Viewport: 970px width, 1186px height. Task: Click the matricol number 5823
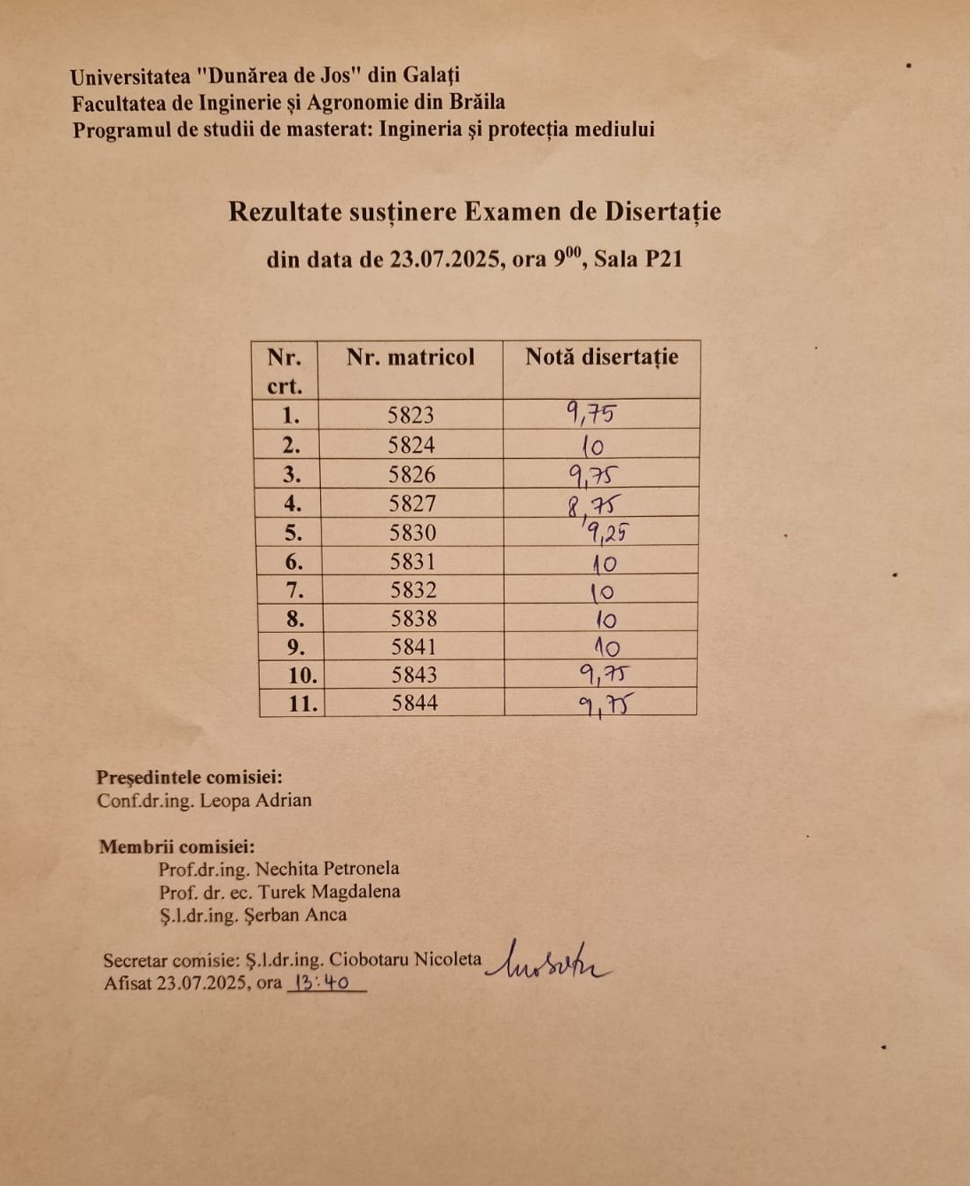[x=411, y=415]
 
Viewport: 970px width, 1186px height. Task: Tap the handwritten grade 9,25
[x=606, y=533]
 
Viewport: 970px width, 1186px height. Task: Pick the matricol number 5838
[x=413, y=619]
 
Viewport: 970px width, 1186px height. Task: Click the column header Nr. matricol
[x=411, y=357]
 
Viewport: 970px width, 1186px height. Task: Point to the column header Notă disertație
[x=601, y=357]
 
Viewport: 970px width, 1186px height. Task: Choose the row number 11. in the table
[x=302, y=704]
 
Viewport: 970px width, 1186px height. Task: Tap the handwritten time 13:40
[x=322, y=983]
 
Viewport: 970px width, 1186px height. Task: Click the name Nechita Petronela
[x=327, y=869]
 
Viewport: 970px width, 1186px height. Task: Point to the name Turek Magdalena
[x=329, y=892]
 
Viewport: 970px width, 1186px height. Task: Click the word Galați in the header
[x=431, y=75]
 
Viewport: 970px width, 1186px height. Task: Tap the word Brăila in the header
[x=476, y=102]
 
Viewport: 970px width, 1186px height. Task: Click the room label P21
[x=663, y=260]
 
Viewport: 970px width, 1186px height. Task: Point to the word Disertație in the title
[x=663, y=212]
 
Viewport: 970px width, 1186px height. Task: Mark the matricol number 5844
[x=414, y=704]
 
